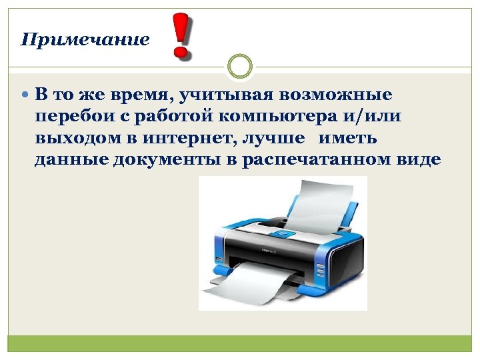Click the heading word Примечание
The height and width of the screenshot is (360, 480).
[x=85, y=39]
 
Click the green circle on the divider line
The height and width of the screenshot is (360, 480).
[x=240, y=67]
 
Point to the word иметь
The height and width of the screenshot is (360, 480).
[x=348, y=139]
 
